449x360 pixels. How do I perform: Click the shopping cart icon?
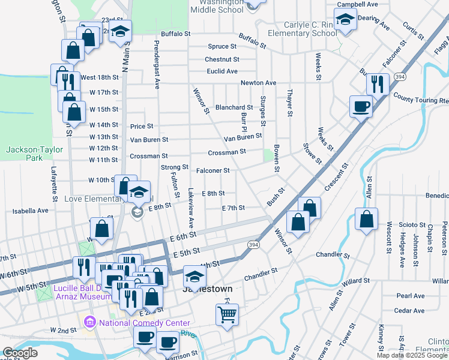pos(226,313)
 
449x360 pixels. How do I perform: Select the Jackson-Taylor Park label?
pos(25,154)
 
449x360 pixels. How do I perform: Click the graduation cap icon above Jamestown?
pos(194,276)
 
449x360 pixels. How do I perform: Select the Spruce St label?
pos(222,46)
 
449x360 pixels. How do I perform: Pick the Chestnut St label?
pos(221,59)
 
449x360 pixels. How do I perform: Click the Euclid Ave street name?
pos(222,71)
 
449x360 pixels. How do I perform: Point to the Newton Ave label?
pos(258,82)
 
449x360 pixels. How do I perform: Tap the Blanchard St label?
pos(234,107)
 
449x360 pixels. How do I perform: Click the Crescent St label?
pos(336,177)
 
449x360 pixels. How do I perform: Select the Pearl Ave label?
pos(411,296)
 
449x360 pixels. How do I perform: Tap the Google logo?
pos(20,353)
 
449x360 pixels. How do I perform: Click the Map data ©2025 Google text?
pos(412,355)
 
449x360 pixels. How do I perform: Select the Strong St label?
pos(175,167)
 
